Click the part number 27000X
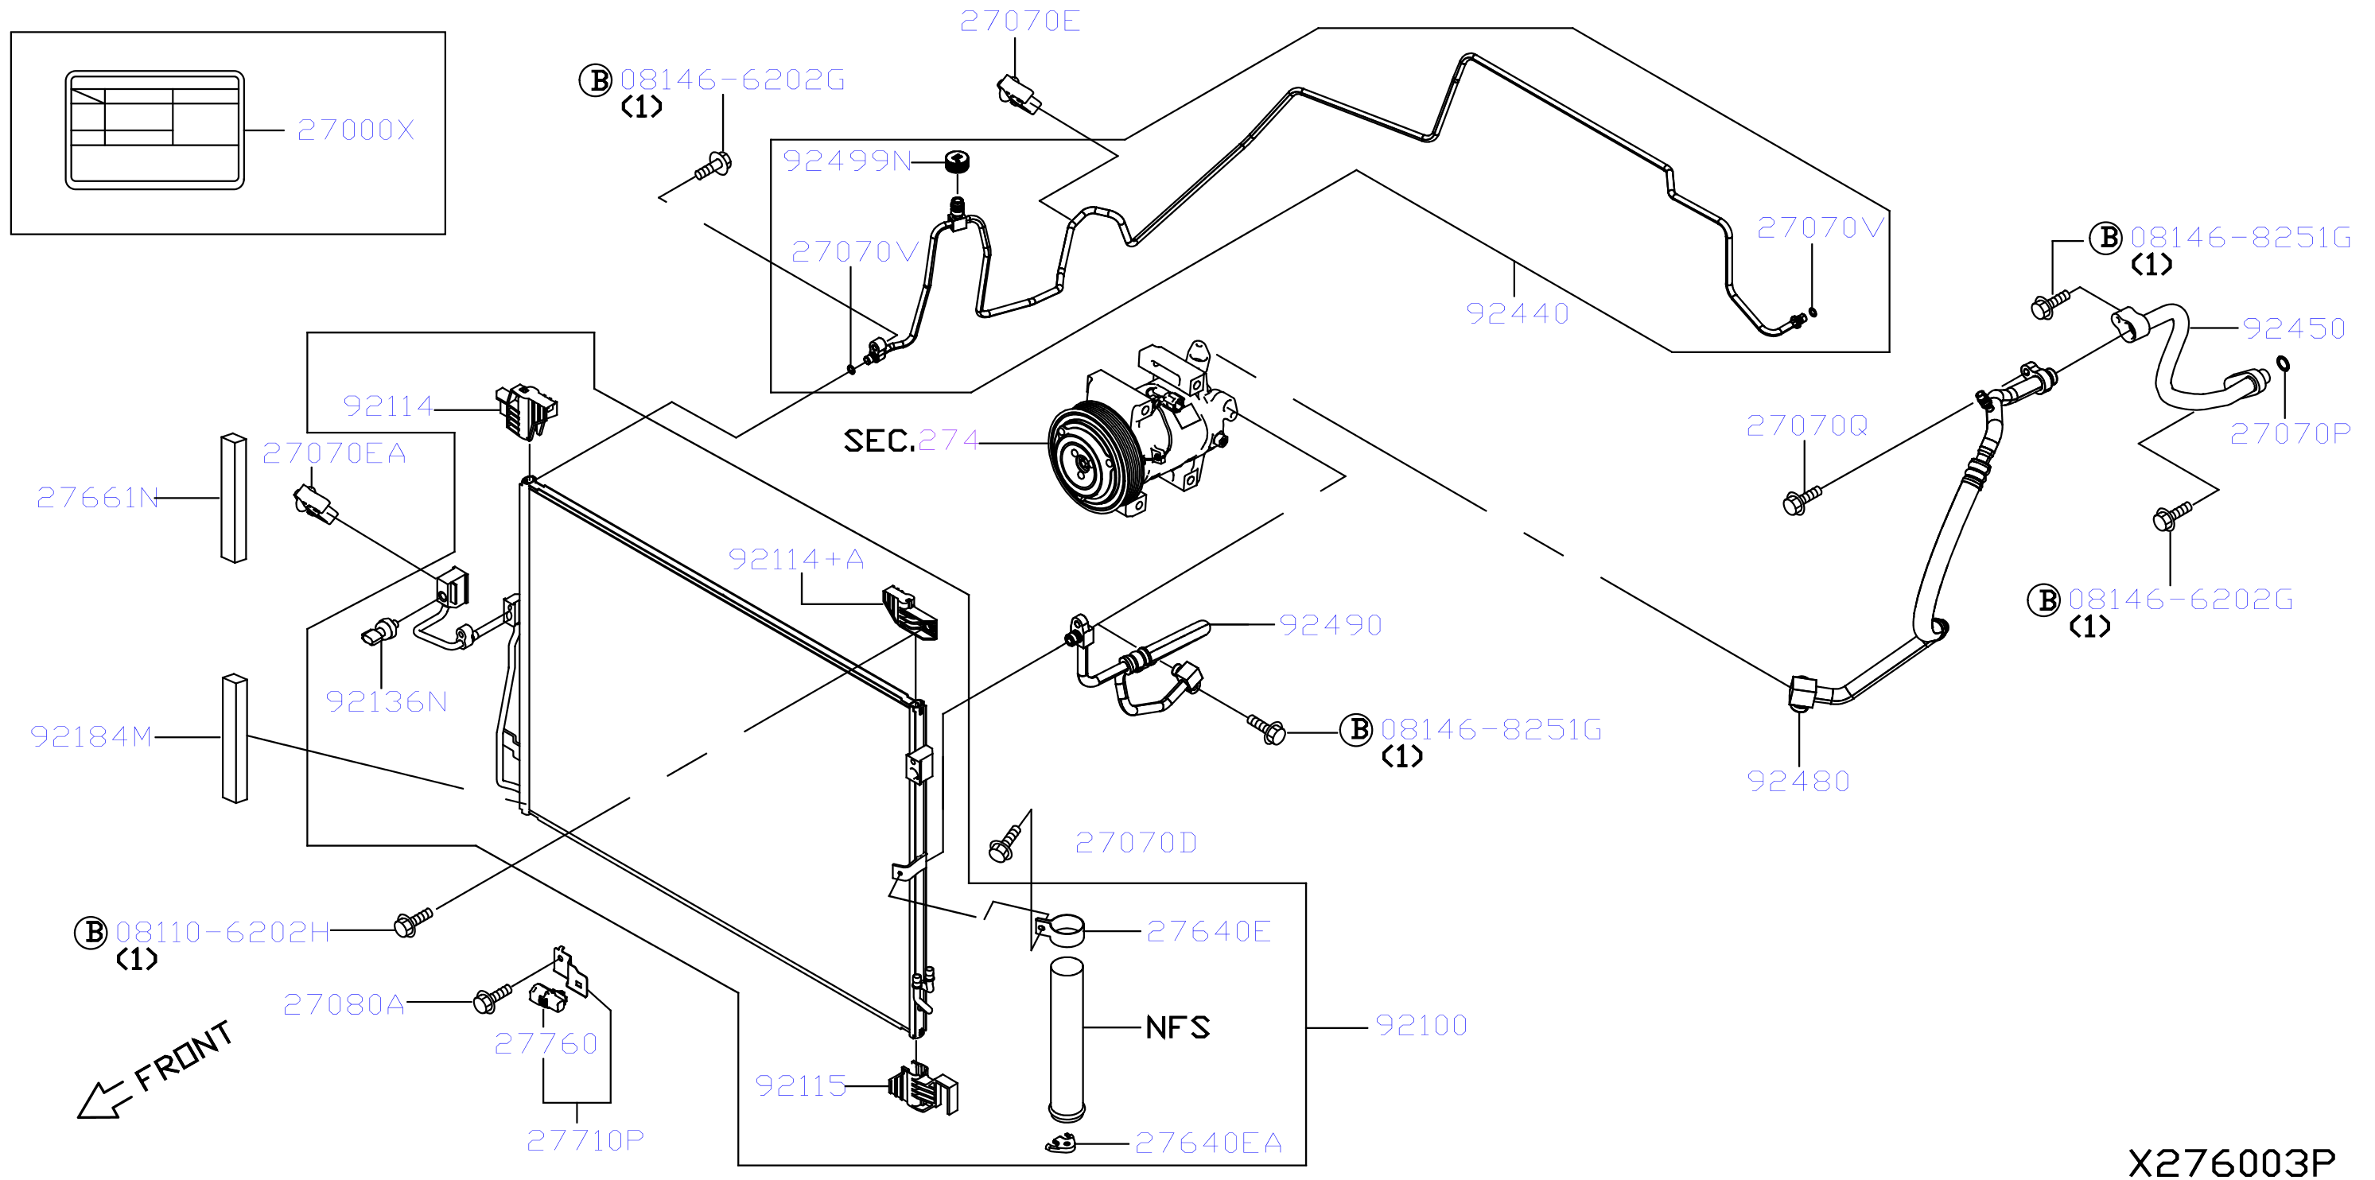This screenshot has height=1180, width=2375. tap(356, 130)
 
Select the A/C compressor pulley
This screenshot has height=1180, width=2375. tap(1094, 457)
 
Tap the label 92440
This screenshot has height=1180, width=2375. tap(1518, 313)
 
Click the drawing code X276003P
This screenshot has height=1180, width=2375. tap(2232, 1163)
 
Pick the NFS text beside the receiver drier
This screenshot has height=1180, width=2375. tap(1177, 1027)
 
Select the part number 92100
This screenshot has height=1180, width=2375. tap(1421, 1025)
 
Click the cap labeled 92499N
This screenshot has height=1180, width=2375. tap(958, 161)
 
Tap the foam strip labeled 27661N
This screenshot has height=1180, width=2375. tap(233, 498)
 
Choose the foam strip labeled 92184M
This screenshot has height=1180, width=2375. tap(234, 739)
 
